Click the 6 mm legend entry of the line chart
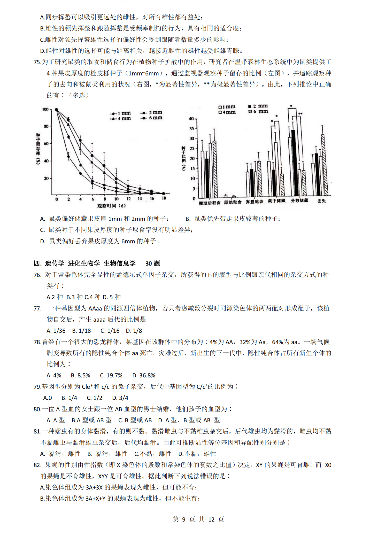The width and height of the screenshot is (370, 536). [x=152, y=118]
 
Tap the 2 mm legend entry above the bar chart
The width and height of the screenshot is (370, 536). [x=258, y=106]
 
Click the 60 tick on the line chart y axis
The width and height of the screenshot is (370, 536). [x=46, y=144]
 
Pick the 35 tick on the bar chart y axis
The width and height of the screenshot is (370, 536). [x=192, y=128]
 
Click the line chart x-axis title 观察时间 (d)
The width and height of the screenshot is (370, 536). [x=111, y=206]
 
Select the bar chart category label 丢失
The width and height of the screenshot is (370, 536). [x=321, y=201]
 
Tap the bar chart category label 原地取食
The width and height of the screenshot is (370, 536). [x=233, y=202]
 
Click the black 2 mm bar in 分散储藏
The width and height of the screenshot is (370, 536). [x=294, y=163]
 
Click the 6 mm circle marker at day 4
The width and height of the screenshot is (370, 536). [x=80, y=141]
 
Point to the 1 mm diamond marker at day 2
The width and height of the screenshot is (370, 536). [x=68, y=156]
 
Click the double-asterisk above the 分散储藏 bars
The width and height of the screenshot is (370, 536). [x=300, y=113]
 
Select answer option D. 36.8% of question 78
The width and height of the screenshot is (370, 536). [x=144, y=375]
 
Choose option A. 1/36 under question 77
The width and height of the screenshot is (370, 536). [x=56, y=331]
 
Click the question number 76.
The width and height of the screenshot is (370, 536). [x=37, y=275]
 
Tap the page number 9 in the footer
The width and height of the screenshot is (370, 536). [x=184, y=519]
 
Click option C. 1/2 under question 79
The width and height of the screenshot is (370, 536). [x=95, y=398]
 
